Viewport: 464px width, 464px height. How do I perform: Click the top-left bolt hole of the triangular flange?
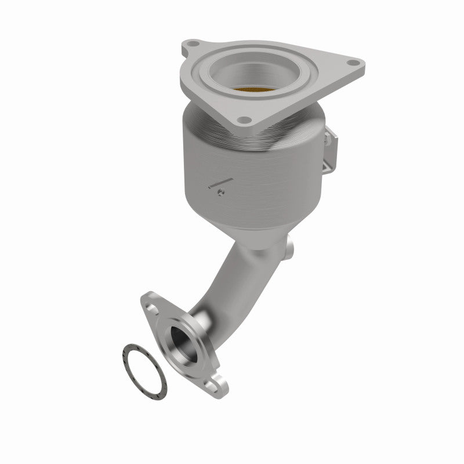click(191, 46)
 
